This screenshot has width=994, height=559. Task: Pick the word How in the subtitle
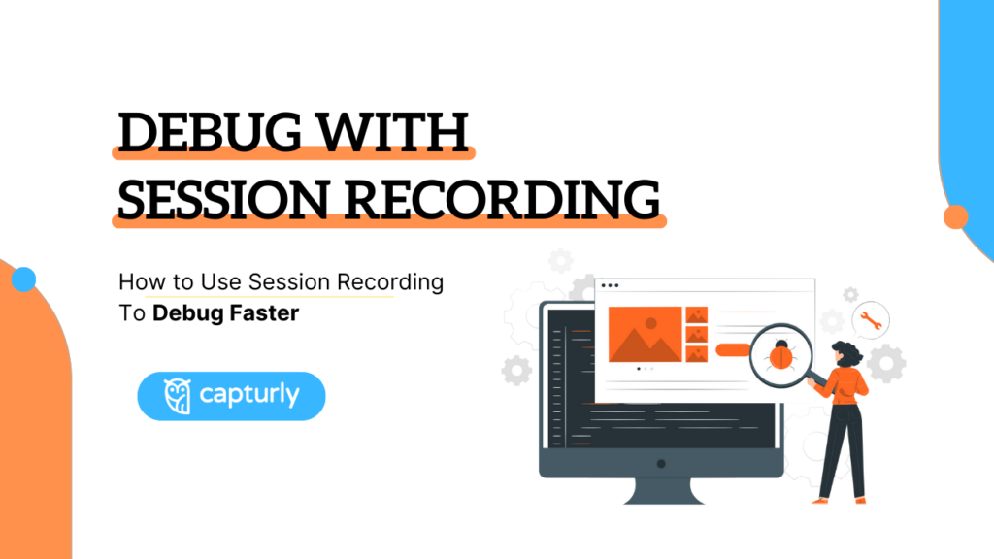[x=139, y=282]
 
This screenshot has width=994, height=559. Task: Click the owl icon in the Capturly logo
[x=177, y=396]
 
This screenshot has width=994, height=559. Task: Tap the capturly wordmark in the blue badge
[x=249, y=396]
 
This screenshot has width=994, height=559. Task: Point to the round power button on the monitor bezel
[x=661, y=464]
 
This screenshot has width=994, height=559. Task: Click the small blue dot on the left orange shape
[x=24, y=280]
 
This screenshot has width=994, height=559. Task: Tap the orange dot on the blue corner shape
[x=956, y=216]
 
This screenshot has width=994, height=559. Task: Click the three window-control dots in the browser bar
[x=610, y=285]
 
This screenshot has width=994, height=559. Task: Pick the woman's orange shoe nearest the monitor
[x=819, y=500]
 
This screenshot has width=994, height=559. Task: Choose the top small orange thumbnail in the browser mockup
[x=696, y=315]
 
